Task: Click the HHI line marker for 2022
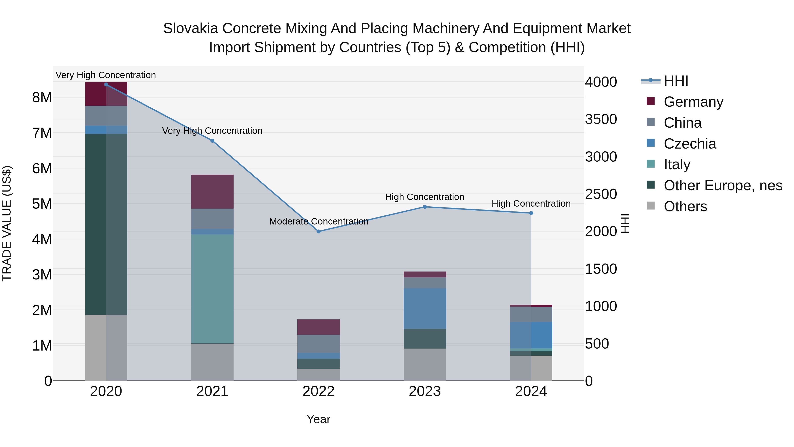click(x=318, y=231)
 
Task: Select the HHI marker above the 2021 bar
click(x=212, y=141)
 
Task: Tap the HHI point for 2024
click(x=531, y=213)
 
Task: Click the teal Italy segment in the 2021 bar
click(x=212, y=289)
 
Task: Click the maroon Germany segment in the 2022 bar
click(x=318, y=327)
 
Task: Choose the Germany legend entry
click(x=693, y=102)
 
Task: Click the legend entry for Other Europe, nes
click(x=723, y=185)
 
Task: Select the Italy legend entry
click(x=677, y=164)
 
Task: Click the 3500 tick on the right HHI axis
click(x=601, y=119)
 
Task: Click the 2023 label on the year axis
click(x=425, y=391)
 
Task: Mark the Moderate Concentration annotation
click(x=318, y=221)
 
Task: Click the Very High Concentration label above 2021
click(x=212, y=131)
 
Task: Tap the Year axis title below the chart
click(x=318, y=419)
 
